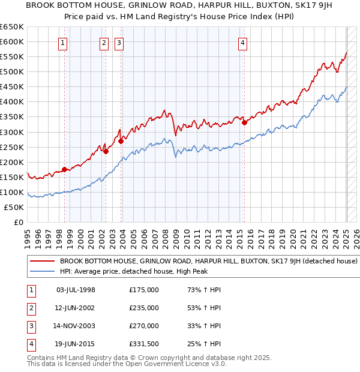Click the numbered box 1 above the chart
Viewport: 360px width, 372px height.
coord(63,43)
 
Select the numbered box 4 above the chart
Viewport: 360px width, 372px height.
coord(242,43)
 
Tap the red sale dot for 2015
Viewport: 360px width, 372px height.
coord(244,122)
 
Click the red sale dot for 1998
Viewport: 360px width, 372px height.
coord(64,169)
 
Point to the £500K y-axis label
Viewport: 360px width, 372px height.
coord(12,71)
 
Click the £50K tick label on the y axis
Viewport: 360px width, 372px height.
coord(14,207)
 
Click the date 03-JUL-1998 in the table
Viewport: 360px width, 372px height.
coord(76,290)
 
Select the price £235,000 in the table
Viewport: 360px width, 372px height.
coord(144,308)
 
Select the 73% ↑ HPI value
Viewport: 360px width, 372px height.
coord(204,290)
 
